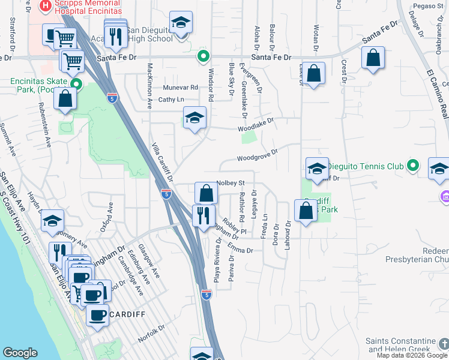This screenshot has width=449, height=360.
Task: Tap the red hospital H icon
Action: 44,7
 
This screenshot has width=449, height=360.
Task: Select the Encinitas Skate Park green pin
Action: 76,84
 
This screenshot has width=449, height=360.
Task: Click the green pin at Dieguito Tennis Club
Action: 412,165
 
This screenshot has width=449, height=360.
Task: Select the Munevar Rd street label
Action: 180,87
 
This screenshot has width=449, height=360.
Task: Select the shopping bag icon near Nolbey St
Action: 206,193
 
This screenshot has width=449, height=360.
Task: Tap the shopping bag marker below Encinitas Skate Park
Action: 65,100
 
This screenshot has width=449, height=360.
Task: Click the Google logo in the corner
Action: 20,353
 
